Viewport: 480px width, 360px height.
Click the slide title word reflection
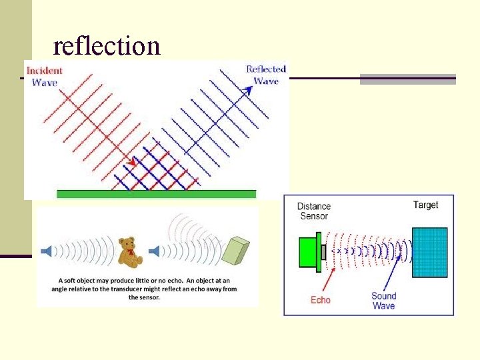107,45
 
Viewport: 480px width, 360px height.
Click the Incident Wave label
44,76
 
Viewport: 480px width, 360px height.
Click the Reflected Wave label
266,75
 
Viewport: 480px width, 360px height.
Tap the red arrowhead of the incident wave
133,162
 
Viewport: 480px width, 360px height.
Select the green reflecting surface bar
156,194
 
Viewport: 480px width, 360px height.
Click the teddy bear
129,251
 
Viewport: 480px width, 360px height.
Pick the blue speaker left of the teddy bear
46,251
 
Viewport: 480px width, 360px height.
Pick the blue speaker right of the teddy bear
154,251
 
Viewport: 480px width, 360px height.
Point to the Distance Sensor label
313,211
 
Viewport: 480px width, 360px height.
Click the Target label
425,205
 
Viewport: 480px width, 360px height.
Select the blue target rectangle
429,252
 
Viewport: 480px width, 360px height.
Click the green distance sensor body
307,252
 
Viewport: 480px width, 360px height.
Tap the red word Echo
321,300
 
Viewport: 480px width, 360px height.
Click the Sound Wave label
383,301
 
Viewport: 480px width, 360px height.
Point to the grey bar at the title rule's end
407,79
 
